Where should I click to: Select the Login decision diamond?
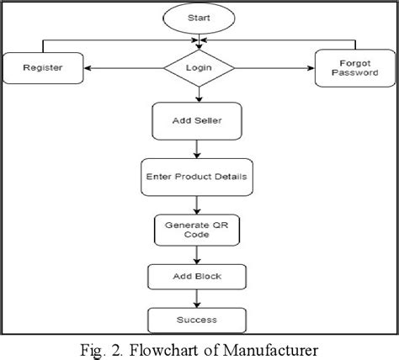pyautogui.click(x=198, y=67)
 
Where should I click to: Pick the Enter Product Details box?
pyautogui.click(x=198, y=179)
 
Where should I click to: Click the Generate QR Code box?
pyautogui.click(x=198, y=231)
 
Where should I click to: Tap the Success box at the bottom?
pyautogui.click(x=198, y=320)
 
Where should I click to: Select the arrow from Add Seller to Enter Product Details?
pyautogui.click(x=198, y=150)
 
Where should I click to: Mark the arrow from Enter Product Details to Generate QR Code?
pyautogui.click(x=198, y=205)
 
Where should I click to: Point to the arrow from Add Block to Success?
pyautogui.click(x=198, y=299)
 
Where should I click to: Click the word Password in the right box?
pyautogui.click(x=354, y=73)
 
